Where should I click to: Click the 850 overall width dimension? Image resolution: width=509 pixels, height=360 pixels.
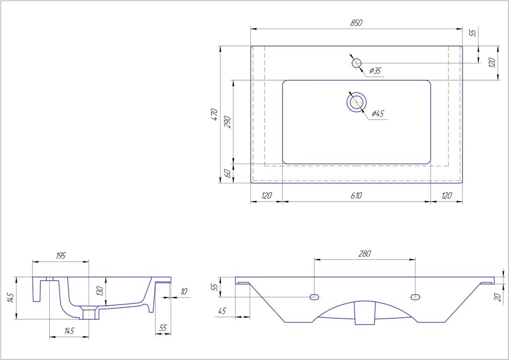(x=356, y=23)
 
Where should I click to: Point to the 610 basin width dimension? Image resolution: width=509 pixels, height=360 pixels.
(x=356, y=195)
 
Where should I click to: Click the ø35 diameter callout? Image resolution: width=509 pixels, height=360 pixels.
(x=375, y=71)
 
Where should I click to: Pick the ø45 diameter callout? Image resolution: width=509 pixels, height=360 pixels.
(x=377, y=113)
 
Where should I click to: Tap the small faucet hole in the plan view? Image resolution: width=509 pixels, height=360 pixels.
(x=357, y=63)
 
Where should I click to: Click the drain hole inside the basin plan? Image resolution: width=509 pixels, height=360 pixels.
(x=357, y=102)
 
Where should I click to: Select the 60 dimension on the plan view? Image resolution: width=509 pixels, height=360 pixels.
(x=227, y=173)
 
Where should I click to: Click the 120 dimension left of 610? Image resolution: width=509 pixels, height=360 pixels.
(x=266, y=195)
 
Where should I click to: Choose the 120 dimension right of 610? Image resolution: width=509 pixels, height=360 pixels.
(x=446, y=195)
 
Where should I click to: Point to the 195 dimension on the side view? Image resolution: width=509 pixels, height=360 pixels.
(x=61, y=255)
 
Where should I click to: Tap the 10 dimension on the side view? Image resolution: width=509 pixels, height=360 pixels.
(x=183, y=292)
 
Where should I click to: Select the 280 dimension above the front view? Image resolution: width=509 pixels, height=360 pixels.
(x=365, y=254)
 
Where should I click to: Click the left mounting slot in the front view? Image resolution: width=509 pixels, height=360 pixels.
(x=314, y=297)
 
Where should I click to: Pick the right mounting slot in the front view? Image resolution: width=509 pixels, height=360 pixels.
(x=415, y=297)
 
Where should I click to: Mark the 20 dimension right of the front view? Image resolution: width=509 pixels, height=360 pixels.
(x=498, y=296)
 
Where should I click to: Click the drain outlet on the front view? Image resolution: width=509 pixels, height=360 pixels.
(x=365, y=313)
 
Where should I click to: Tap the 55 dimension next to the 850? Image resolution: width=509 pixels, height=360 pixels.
(x=472, y=33)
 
